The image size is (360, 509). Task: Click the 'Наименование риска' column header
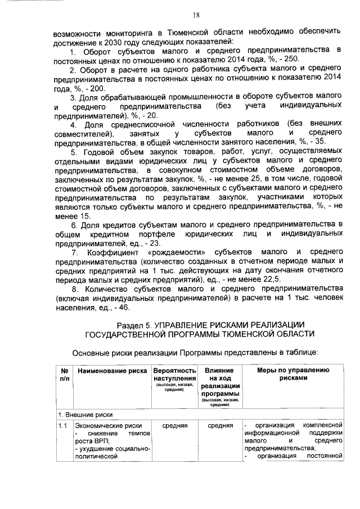point(111,371)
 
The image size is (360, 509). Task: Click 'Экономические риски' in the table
point(109,425)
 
